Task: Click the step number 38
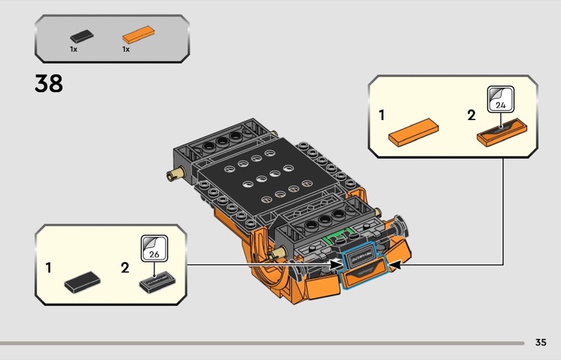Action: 48,84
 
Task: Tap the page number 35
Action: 540,342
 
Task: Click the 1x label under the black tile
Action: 74,50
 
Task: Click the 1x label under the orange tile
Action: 126,50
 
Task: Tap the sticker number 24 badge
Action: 501,100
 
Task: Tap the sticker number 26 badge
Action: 153,247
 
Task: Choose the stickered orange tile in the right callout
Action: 501,132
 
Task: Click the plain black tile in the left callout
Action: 83,282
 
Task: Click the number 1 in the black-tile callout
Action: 48,267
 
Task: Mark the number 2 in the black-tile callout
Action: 125,267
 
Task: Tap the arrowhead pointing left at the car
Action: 393,265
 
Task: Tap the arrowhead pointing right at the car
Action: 335,265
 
